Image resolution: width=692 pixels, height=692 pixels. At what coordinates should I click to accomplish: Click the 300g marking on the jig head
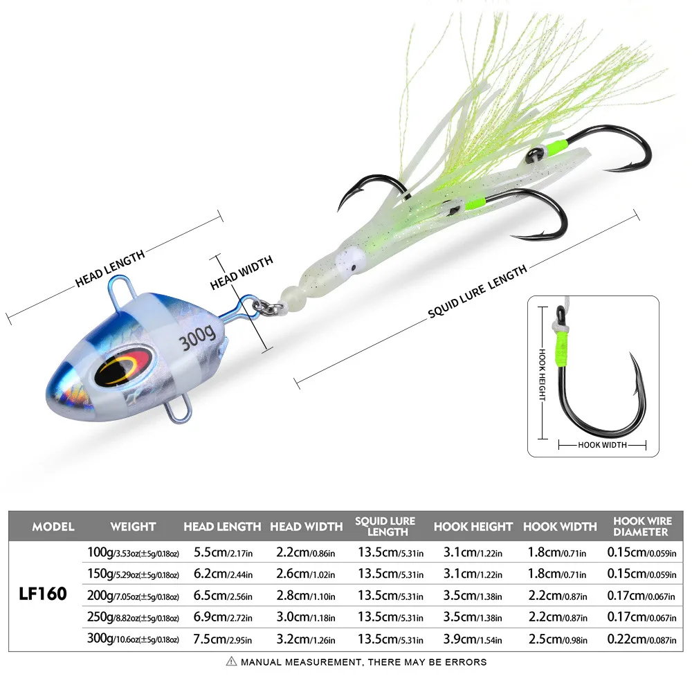[197, 339]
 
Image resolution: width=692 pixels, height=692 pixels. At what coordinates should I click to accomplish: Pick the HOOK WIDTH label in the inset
[602, 445]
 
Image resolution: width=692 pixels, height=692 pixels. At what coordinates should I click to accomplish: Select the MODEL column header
[53, 527]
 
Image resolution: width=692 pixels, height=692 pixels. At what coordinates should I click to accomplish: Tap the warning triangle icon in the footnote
[232, 662]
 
